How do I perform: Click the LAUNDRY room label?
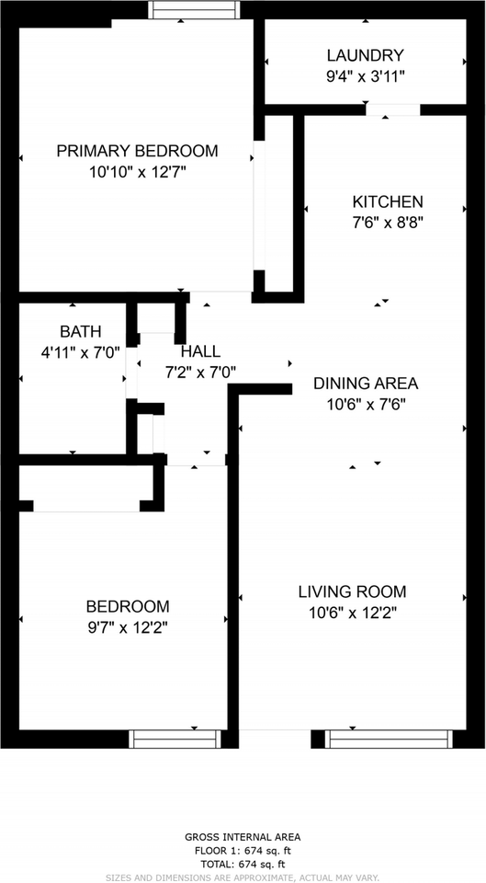(x=366, y=56)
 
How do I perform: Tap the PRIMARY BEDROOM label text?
(x=137, y=151)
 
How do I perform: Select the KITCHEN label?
(x=388, y=201)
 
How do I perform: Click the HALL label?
(x=201, y=352)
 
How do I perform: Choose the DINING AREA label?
(x=366, y=384)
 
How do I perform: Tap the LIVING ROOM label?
(x=352, y=591)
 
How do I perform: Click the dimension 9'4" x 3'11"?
(x=367, y=76)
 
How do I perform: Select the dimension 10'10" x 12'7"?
(x=137, y=172)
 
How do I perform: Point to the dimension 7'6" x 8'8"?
(x=388, y=223)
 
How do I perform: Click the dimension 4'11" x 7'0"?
(x=81, y=353)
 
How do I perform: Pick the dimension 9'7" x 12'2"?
(x=128, y=627)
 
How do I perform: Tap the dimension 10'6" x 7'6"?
(x=367, y=405)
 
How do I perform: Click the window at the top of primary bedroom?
(x=194, y=9)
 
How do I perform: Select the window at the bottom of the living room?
(x=390, y=739)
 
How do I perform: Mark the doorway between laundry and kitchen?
(x=392, y=109)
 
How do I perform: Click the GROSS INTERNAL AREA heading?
(x=243, y=837)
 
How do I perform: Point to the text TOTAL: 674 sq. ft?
(x=243, y=865)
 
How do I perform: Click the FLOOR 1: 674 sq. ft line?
(x=243, y=851)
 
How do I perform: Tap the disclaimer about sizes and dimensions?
(x=243, y=877)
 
